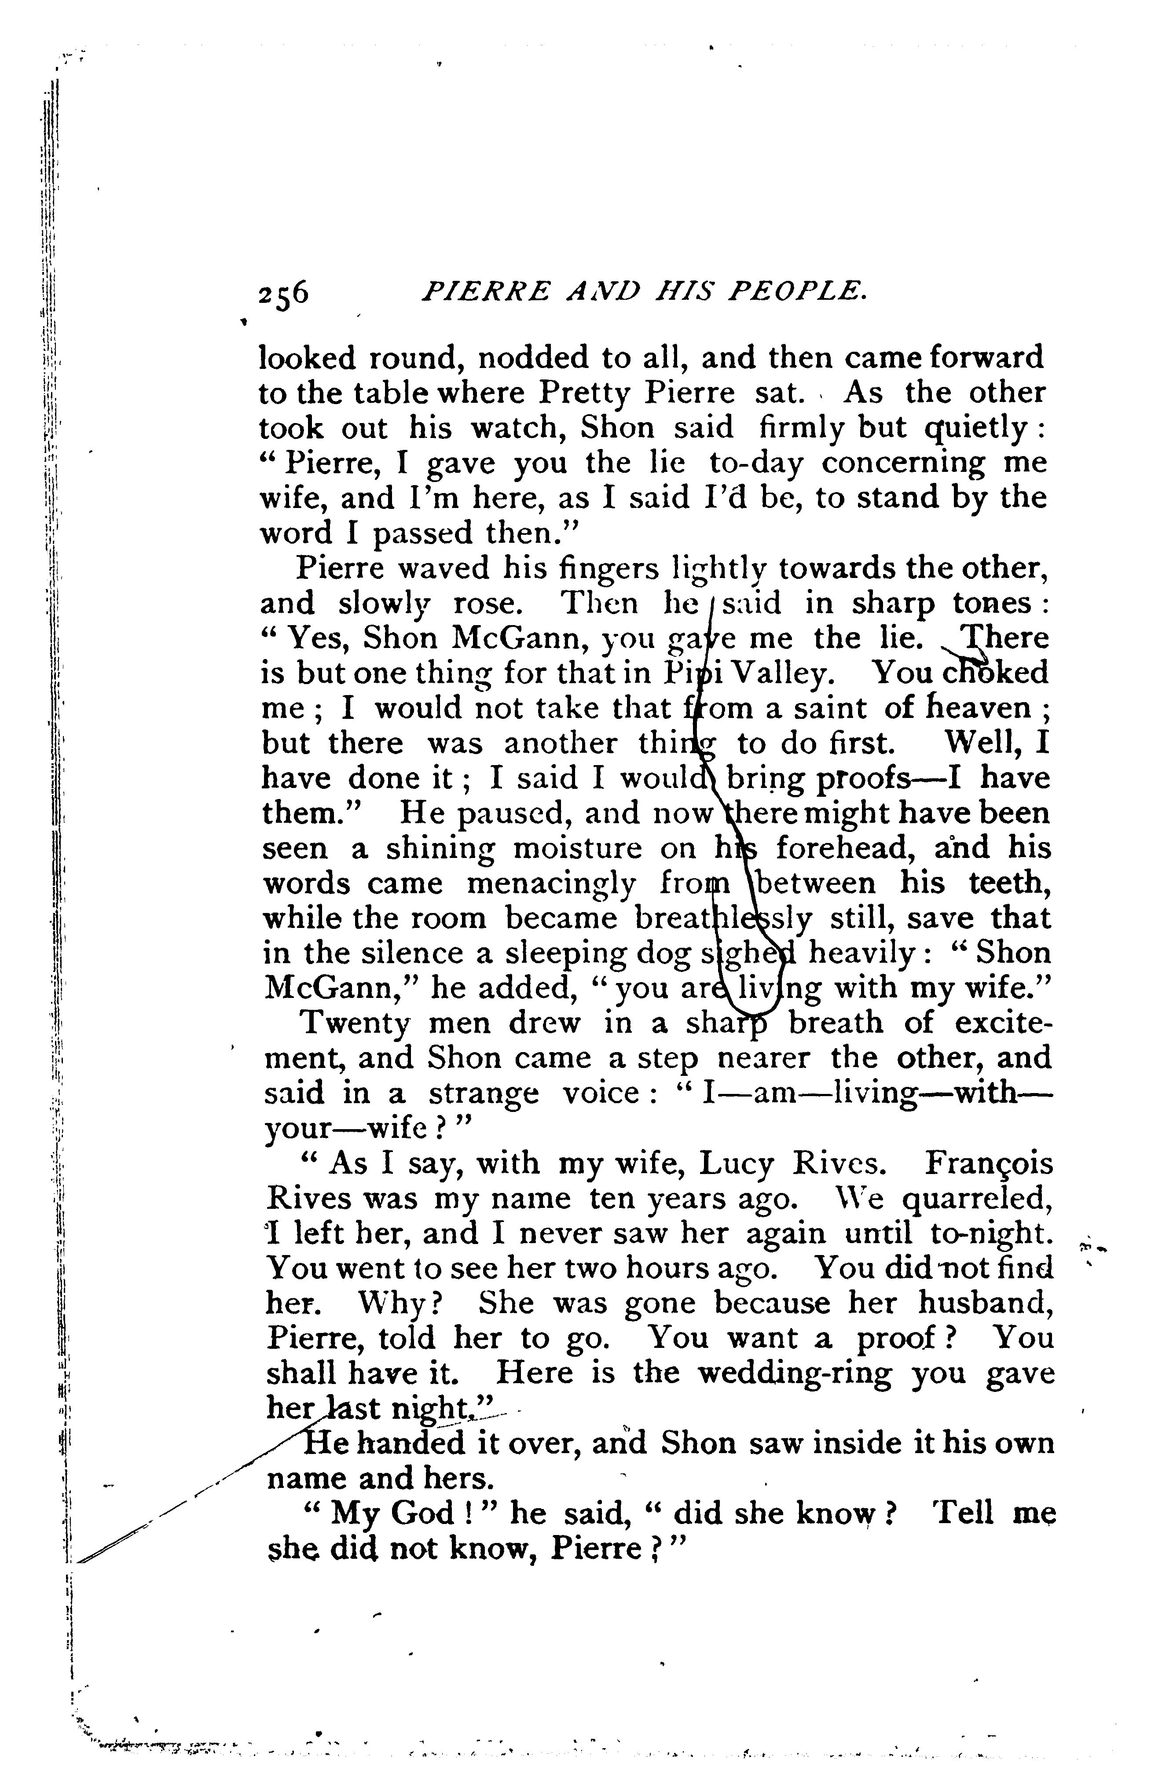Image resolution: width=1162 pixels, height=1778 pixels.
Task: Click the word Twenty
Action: (x=355, y=1023)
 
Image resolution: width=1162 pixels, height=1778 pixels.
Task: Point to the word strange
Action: (x=482, y=1093)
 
